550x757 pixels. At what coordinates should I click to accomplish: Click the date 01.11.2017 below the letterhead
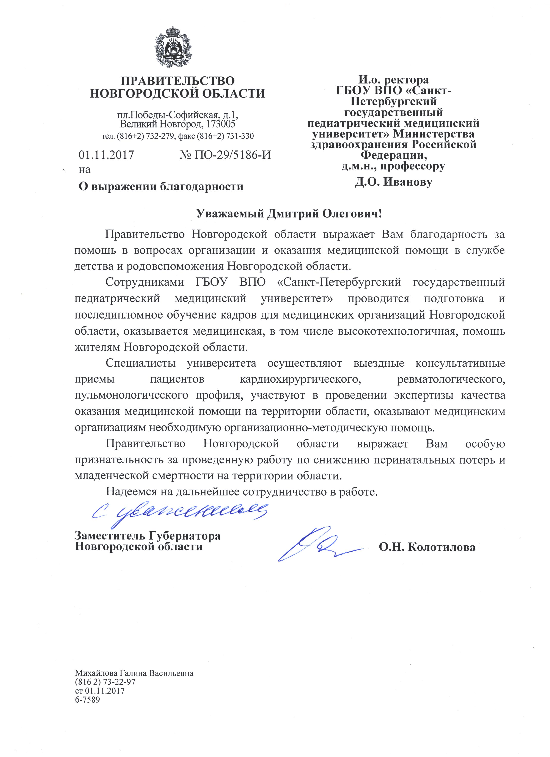[x=106, y=155]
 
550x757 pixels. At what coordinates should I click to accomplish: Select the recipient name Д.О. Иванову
[x=394, y=182]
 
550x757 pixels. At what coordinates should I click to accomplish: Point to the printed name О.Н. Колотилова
[x=427, y=548]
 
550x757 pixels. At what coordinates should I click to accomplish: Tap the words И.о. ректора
[x=394, y=80]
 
